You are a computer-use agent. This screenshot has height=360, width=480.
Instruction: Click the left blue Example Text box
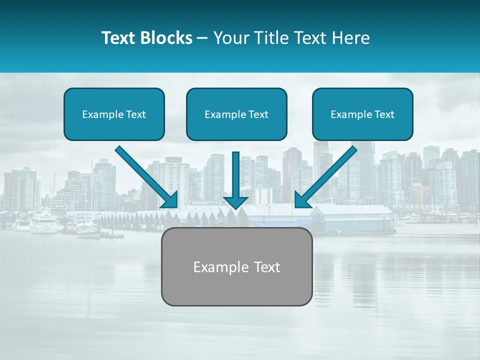114,114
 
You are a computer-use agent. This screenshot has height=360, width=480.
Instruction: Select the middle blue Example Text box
236,114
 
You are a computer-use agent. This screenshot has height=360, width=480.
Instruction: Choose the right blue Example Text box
362,114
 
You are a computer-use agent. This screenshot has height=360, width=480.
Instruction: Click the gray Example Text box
236,266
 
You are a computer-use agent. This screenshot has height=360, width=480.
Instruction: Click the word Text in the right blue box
384,114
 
